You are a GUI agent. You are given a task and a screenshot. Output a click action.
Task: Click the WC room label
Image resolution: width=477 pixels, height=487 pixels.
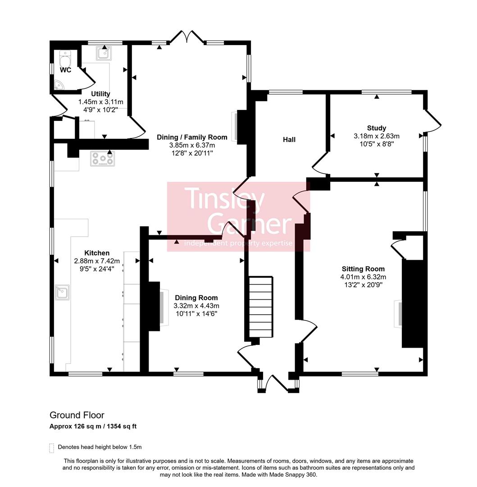point(65,70)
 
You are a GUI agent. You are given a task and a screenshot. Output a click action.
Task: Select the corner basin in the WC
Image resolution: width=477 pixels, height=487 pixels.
point(59,85)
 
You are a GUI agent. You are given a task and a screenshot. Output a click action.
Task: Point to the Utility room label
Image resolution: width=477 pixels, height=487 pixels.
point(100,94)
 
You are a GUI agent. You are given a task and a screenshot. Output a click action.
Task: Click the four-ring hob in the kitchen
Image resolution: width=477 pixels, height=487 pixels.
point(103,159)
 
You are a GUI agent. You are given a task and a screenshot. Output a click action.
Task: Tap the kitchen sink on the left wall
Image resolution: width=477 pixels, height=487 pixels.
point(62,293)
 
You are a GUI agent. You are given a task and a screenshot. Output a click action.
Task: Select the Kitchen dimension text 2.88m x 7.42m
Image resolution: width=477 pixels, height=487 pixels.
point(97,261)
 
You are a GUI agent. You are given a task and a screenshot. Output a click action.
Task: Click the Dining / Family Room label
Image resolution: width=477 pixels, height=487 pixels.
point(192,137)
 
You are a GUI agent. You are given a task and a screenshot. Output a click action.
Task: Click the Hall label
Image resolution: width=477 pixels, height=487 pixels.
point(289,140)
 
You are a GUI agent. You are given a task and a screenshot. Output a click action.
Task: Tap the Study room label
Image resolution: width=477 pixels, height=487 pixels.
point(377,128)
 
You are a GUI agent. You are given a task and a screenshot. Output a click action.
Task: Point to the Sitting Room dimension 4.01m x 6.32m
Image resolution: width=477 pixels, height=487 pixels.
point(363,277)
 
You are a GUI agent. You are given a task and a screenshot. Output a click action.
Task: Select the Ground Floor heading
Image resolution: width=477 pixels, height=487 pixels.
point(77,415)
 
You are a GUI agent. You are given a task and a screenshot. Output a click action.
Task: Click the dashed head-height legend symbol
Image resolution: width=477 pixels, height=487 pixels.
point(51,447)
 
